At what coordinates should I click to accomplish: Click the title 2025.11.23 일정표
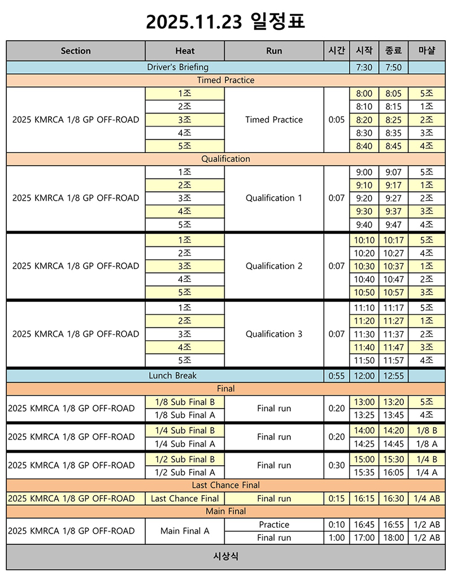click(x=225, y=21)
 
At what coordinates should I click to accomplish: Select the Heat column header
click(x=185, y=51)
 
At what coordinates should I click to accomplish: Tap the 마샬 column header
click(x=427, y=51)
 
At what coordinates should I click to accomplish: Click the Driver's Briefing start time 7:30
click(x=364, y=67)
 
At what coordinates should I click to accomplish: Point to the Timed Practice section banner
click(x=225, y=80)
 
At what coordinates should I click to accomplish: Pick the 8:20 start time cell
click(x=364, y=120)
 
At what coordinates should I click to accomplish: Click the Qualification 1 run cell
click(x=274, y=198)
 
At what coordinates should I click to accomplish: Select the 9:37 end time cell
click(x=393, y=211)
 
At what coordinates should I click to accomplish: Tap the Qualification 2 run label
click(x=274, y=266)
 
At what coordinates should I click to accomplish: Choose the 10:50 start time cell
click(x=364, y=293)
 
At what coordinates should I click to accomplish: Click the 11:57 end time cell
click(x=393, y=360)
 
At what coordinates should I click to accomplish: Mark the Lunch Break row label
click(x=173, y=375)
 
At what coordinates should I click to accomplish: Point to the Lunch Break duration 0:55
click(x=337, y=375)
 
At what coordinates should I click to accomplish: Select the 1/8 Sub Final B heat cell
click(x=185, y=402)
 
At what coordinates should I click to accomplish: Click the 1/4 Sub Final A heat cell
click(x=185, y=444)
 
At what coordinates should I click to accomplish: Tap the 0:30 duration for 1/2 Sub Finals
click(x=337, y=465)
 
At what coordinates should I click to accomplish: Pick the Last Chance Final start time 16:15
click(x=364, y=498)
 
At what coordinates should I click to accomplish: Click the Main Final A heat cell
click(x=185, y=531)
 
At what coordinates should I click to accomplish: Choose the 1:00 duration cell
click(x=337, y=538)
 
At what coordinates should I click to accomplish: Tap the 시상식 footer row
click(x=225, y=557)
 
